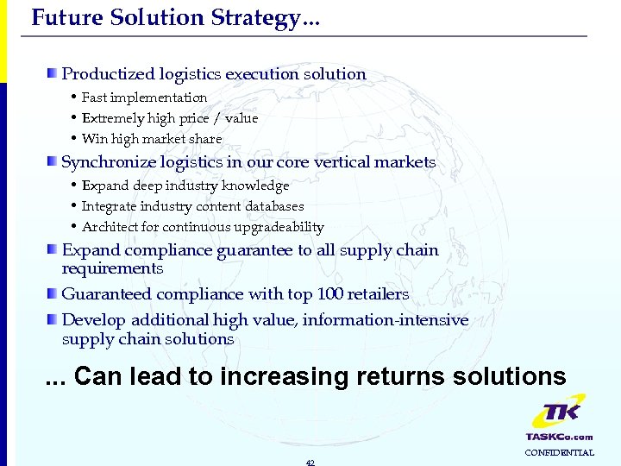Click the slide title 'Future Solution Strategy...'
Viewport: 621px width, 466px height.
(x=175, y=17)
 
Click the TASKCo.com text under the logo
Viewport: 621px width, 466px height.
(x=559, y=437)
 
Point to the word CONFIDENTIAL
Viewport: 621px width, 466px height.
(x=559, y=453)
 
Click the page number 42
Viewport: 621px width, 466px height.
(x=310, y=462)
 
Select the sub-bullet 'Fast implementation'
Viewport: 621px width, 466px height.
(x=144, y=98)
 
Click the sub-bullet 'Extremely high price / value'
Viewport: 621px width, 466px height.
(x=169, y=118)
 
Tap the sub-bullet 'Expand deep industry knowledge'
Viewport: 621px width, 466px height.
(x=185, y=186)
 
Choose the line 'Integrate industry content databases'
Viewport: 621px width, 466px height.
(x=192, y=206)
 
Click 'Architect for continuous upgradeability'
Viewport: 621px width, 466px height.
(x=203, y=227)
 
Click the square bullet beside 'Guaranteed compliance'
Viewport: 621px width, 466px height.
(x=53, y=293)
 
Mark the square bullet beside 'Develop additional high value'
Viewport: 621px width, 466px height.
(x=53, y=319)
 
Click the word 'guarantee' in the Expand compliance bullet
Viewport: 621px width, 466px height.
(x=259, y=250)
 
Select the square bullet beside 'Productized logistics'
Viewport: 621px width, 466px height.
(x=53, y=73)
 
